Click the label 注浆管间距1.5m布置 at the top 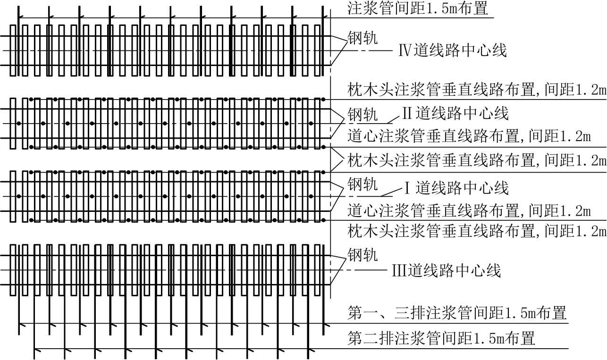(417, 8)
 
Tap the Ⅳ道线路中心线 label (452, 50)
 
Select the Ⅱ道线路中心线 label (455, 113)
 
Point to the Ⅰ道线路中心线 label (456, 188)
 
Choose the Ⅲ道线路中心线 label (447, 271)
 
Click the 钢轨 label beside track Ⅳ (363, 38)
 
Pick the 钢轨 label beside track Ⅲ (363, 255)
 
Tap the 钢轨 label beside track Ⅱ (363, 114)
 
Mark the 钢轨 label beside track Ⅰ (363, 184)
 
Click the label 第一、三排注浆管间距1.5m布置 (457, 313)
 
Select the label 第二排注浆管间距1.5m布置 (441, 338)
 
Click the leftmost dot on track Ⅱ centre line (19, 124)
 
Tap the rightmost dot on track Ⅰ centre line (311, 196)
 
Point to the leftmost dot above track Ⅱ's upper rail (31, 100)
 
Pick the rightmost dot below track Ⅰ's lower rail (323, 220)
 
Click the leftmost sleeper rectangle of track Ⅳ (13, 50)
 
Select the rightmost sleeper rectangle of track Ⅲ (317, 270)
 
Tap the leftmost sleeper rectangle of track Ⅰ (13, 196)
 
